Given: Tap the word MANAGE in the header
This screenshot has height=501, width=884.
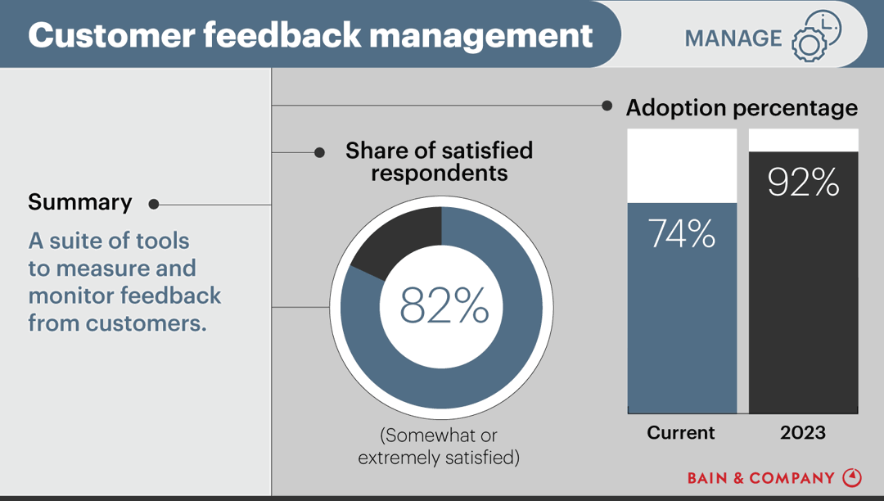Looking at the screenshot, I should (x=733, y=38).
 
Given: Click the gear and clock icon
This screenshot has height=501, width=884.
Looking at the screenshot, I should (x=816, y=37).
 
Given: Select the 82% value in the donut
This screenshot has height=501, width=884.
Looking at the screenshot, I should (x=444, y=306).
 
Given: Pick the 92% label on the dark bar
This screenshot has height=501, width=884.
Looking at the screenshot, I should (x=803, y=183).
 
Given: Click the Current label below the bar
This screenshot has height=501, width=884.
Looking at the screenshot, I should (x=681, y=433).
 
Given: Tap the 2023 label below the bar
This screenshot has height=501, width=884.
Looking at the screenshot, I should (x=803, y=433).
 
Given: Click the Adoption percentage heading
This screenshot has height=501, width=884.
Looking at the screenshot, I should (x=742, y=108).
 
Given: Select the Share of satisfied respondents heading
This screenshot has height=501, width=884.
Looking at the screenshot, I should (x=439, y=162).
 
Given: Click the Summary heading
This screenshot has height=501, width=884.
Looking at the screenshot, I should (x=79, y=203).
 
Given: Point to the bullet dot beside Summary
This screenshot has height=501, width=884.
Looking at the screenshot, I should (x=153, y=205).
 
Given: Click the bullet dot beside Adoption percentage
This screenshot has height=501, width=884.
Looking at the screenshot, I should (x=607, y=106).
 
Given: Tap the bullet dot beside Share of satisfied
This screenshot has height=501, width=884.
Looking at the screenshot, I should (x=320, y=152).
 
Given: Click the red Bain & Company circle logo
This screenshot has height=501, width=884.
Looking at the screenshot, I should (x=852, y=477).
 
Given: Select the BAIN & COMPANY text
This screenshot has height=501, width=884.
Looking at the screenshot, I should (x=760, y=478).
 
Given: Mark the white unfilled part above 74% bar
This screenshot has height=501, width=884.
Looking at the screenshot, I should (x=682, y=165).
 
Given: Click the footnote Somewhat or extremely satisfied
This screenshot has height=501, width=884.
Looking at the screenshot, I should (x=439, y=446).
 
